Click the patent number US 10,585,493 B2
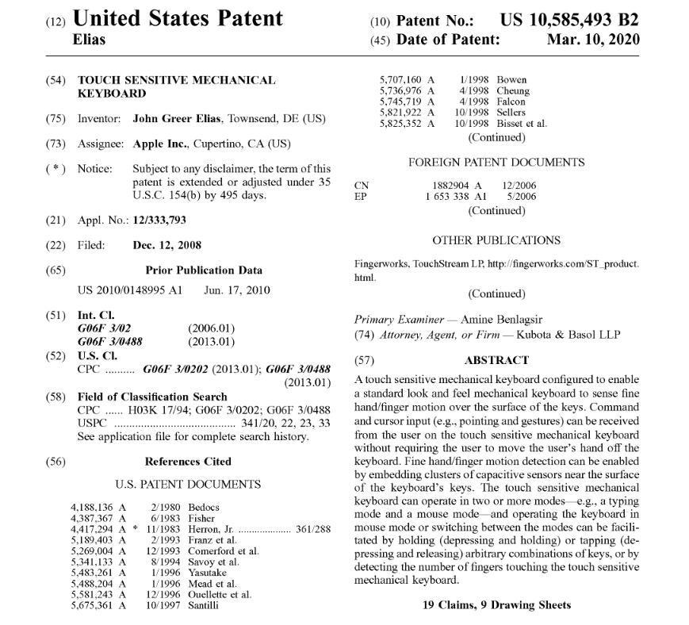click(x=569, y=21)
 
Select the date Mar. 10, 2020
click(x=593, y=40)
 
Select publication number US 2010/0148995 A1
click(x=131, y=290)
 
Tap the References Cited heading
click(x=188, y=461)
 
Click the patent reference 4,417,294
click(x=94, y=528)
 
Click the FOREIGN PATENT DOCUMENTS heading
click(x=496, y=163)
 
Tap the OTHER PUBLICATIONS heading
click(x=496, y=240)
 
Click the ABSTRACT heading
click(x=496, y=360)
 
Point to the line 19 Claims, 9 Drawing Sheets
click(x=496, y=605)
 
